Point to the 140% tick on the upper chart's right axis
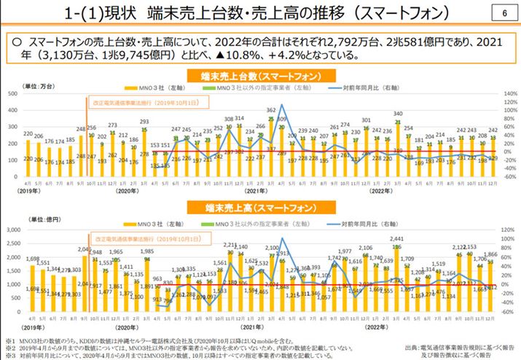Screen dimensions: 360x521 pos(508,93)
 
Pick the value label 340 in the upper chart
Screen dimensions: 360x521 pos(398,113)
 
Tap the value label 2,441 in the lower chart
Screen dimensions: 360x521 pos(397,238)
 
